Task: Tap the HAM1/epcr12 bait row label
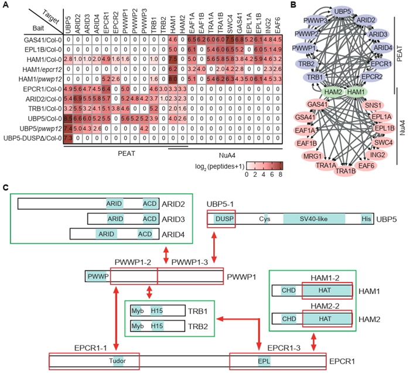pos(42,69)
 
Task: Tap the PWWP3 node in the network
pos(303,21)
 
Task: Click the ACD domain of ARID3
pos(150,218)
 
